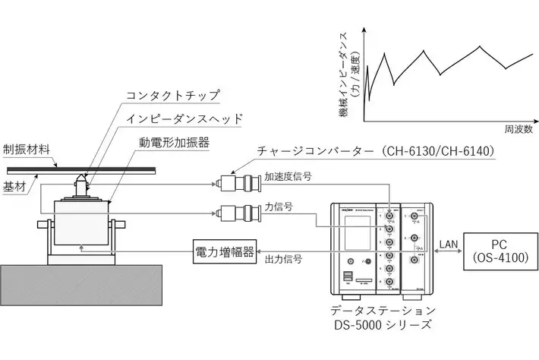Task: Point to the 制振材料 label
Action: pos(27,148)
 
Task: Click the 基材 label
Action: pos(14,187)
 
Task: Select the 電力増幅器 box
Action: pos(225,250)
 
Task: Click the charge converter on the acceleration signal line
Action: pos(239,183)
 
